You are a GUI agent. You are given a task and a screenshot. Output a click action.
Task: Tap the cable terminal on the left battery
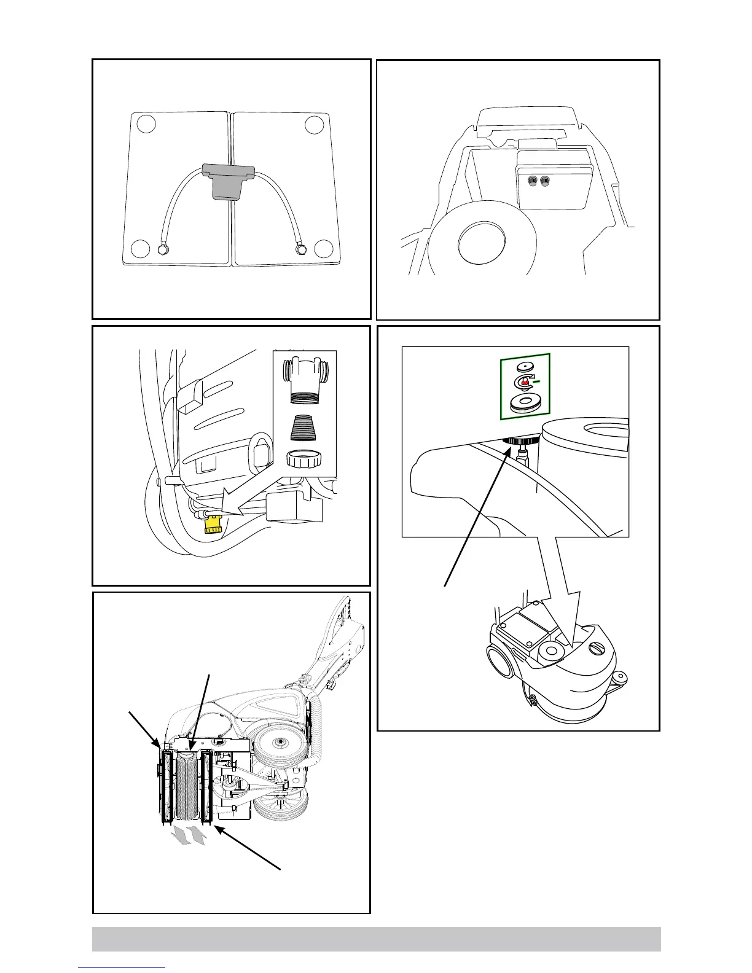pos(163,250)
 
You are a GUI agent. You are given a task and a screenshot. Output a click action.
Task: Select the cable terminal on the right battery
pos(300,249)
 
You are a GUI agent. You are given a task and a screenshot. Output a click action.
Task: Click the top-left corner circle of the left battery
pos(146,123)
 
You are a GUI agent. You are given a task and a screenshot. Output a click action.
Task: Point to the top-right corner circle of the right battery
pos(314,124)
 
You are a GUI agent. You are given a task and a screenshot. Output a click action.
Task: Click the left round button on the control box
pos(533,181)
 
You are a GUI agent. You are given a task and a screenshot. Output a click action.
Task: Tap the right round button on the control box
pos(544,181)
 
